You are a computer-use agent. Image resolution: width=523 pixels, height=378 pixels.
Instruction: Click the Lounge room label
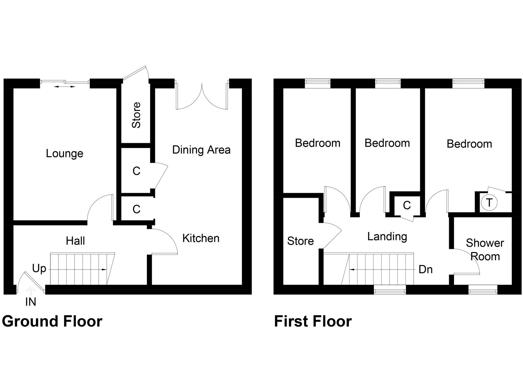pos(64,154)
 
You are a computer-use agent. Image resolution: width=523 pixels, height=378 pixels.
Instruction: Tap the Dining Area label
pos(201,150)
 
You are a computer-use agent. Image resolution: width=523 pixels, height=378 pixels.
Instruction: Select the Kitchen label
pos(201,238)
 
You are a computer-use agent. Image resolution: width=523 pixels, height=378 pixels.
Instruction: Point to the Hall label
pos(75,241)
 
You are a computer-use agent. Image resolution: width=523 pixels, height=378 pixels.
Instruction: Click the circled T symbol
pos(489,202)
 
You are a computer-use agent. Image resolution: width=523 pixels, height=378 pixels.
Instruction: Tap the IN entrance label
pos(30,302)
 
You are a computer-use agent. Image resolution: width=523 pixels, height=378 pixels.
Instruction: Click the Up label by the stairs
pos(39,269)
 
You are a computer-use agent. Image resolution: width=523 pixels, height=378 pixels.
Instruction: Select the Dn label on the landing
pos(426,269)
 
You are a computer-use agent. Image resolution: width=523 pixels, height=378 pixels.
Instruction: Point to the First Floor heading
pos(313,321)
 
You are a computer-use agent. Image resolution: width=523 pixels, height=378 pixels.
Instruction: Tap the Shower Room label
pos(485,250)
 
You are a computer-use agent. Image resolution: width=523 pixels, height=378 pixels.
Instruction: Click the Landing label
pos(387,237)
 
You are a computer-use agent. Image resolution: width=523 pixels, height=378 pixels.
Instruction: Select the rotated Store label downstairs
pos(136,115)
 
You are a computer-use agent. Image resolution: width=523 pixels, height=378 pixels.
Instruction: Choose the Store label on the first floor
pos(301,241)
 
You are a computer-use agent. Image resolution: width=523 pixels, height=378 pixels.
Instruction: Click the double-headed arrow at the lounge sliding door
pos(64,87)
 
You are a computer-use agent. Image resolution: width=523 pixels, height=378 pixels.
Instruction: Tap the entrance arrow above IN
pos(30,291)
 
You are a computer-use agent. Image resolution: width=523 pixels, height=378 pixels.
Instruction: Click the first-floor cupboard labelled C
pos(407,205)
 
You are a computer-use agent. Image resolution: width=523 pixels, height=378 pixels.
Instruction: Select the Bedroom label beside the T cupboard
pos(469,144)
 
